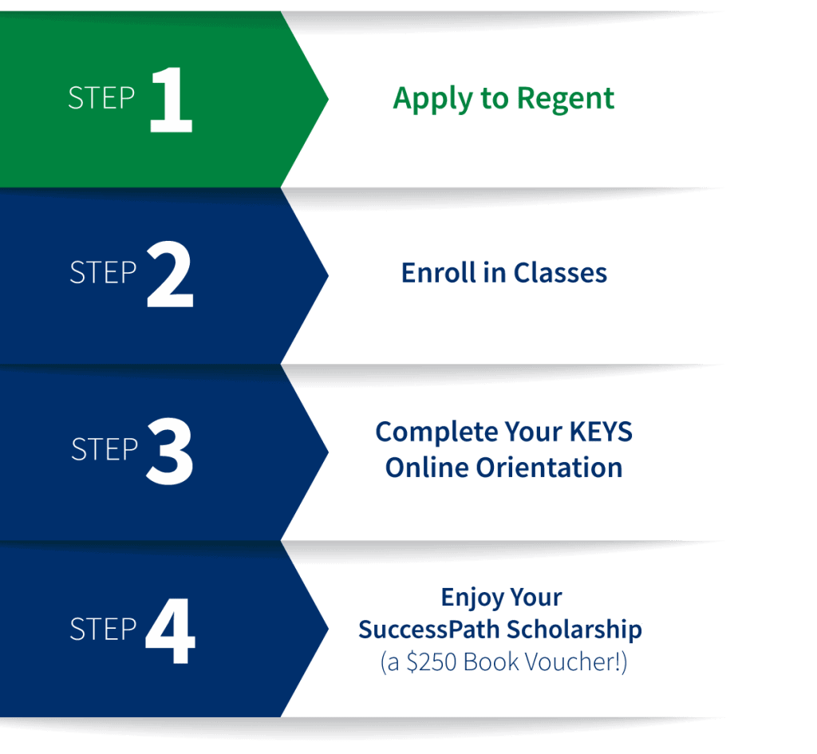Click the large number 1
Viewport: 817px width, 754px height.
coord(170,101)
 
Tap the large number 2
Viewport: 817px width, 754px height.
coord(170,275)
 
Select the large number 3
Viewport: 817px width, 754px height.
coord(170,452)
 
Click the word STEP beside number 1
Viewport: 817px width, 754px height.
coord(101,98)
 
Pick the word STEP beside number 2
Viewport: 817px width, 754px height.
coord(103,274)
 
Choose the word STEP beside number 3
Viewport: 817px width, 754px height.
coord(104,449)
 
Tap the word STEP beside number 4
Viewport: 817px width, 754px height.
coord(103,629)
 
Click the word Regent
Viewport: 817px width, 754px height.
coord(566,100)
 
